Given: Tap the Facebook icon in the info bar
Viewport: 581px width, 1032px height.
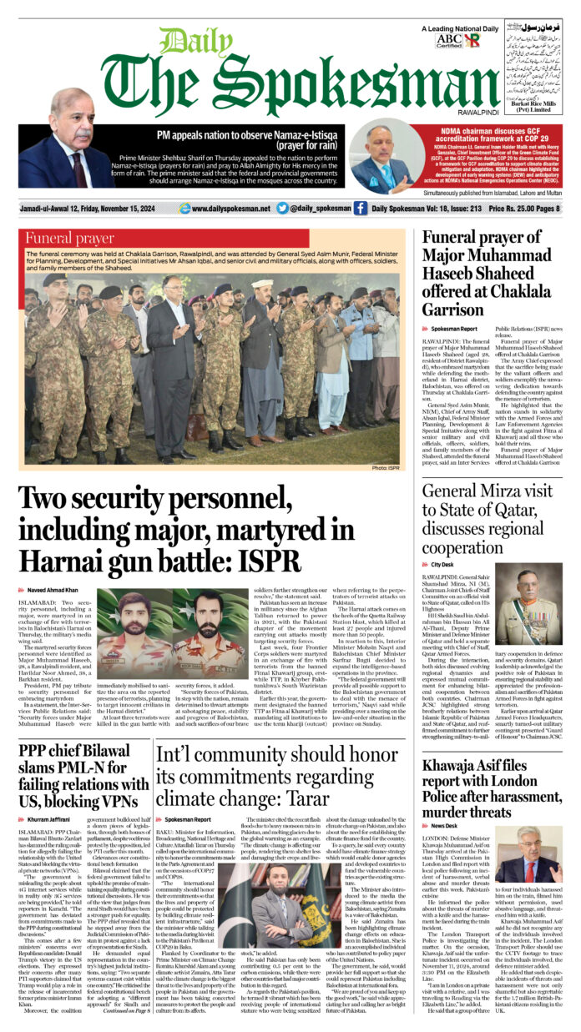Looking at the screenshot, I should click(360, 209).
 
